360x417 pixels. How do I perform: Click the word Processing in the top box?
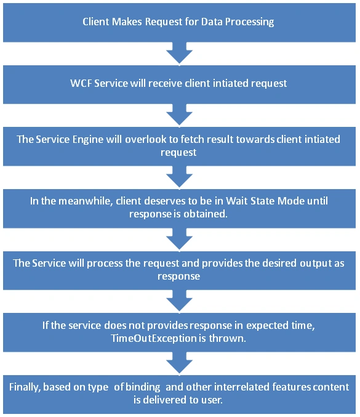click(249, 22)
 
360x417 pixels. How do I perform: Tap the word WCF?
click(81, 83)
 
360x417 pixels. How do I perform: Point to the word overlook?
click(146, 139)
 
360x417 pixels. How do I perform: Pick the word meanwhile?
click(84, 201)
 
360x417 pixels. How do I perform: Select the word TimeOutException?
click(154, 338)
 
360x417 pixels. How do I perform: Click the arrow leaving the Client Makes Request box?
click(179, 54)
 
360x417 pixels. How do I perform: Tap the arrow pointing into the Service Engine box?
click(179, 115)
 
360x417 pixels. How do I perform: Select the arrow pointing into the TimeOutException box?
click(179, 301)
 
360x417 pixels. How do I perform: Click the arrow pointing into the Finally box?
click(179, 363)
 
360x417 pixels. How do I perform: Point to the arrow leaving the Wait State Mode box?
click(179, 240)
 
